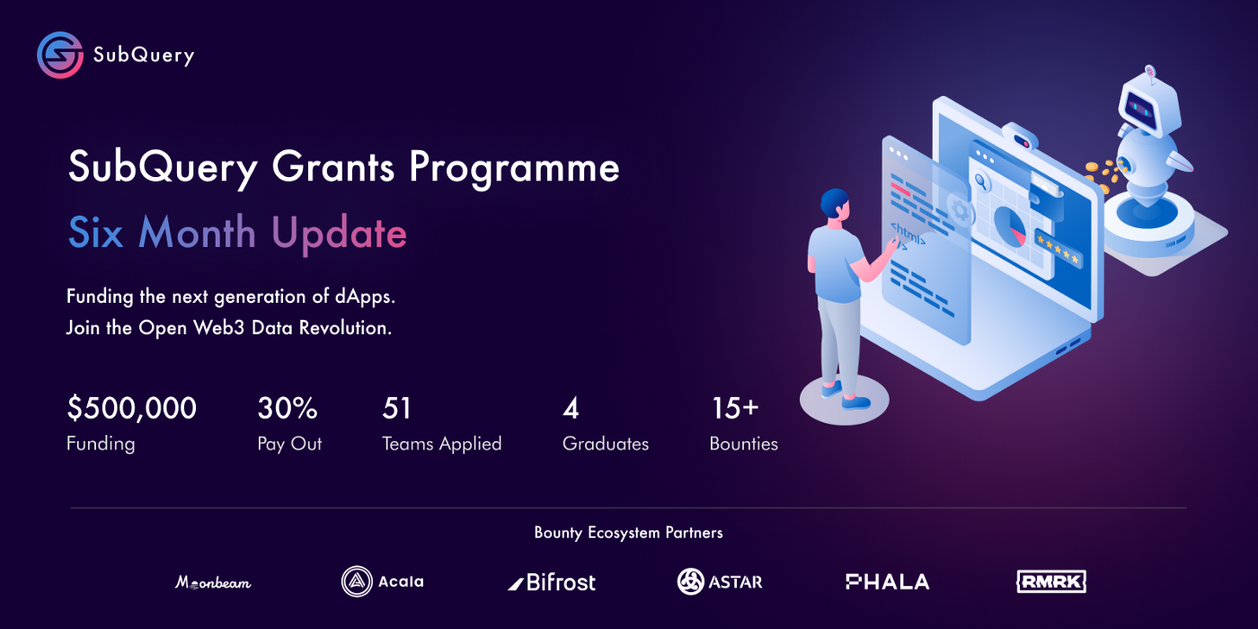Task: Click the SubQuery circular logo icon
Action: click(x=60, y=55)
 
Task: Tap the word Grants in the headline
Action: click(x=333, y=167)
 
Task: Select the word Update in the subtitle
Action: click(x=340, y=234)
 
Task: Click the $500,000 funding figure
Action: click(x=132, y=408)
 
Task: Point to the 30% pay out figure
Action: click(x=288, y=408)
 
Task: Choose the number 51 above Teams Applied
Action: click(x=396, y=408)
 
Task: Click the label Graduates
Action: click(x=606, y=444)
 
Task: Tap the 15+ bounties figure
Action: click(x=735, y=408)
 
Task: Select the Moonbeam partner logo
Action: click(x=214, y=582)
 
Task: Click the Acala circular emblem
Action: click(x=357, y=581)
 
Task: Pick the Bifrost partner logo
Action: click(x=552, y=582)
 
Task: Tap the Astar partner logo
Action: click(x=720, y=581)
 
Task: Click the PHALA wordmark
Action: click(x=888, y=582)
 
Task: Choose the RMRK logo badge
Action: click(x=1051, y=581)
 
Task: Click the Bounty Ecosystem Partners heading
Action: click(x=628, y=533)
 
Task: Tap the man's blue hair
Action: click(x=834, y=202)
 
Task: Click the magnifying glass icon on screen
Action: click(x=981, y=182)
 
